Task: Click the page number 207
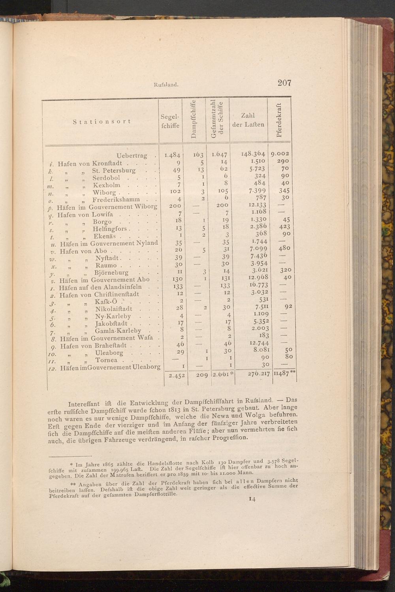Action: click(284, 83)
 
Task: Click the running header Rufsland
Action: click(167, 84)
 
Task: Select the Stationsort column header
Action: click(102, 121)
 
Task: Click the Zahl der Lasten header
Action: click(248, 120)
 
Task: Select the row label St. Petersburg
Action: click(114, 171)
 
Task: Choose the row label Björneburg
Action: click(111, 273)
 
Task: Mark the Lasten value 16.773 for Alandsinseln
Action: click(258, 285)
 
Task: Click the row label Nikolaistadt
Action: click(114, 309)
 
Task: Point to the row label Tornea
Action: click(107, 360)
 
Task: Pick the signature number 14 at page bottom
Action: click(252, 500)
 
